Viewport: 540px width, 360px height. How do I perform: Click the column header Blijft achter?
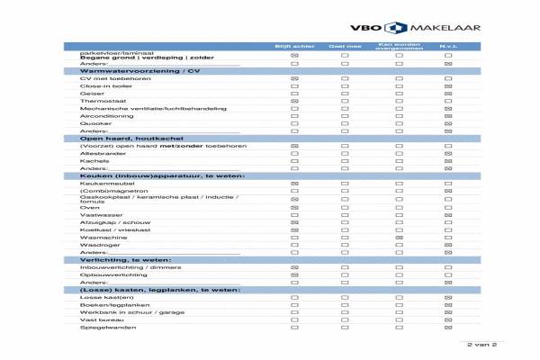(293, 45)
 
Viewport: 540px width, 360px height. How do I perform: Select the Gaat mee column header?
(345, 45)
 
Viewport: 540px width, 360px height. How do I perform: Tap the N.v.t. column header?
(448, 45)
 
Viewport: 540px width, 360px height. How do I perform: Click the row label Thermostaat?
(95, 102)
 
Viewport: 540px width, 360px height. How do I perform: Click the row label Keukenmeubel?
(99, 183)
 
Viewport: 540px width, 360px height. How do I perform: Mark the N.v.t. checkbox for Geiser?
(448, 94)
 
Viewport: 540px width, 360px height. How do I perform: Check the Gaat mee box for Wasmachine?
(345, 237)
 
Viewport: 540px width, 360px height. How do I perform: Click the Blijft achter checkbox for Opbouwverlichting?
(294, 274)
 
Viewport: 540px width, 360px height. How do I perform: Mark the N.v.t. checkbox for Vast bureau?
(448, 319)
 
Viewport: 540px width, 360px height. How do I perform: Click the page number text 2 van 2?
(481, 345)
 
